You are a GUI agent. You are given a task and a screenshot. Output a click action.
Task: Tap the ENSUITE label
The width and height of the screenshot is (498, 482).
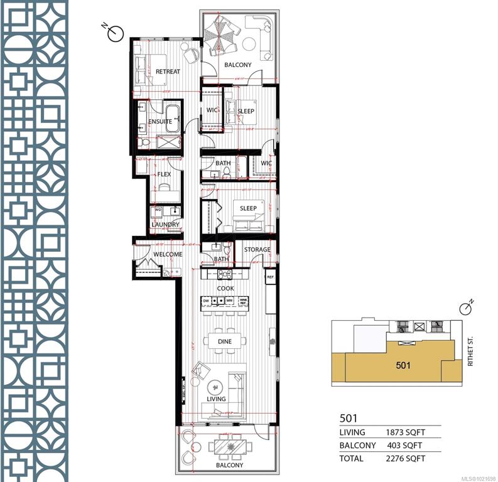[161, 122]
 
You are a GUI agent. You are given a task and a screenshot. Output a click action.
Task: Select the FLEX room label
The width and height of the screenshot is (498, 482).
[164, 174]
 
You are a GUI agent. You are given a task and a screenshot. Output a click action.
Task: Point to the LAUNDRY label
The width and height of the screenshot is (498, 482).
[165, 224]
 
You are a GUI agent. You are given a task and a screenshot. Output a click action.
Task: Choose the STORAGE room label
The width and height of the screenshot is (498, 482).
[257, 250]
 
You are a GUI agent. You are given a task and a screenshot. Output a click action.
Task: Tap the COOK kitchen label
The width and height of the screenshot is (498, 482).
[225, 289]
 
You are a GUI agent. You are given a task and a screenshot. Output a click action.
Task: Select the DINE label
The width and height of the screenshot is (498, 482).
[224, 341]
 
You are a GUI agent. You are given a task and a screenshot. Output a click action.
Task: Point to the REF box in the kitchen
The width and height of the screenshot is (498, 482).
[271, 277]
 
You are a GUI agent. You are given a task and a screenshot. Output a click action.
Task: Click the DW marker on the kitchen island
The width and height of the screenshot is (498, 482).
[206, 301]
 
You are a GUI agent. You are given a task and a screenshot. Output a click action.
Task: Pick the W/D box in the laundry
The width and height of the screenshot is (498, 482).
[158, 210]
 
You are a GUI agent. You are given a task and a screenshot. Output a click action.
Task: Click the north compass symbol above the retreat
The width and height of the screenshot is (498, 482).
[115, 33]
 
